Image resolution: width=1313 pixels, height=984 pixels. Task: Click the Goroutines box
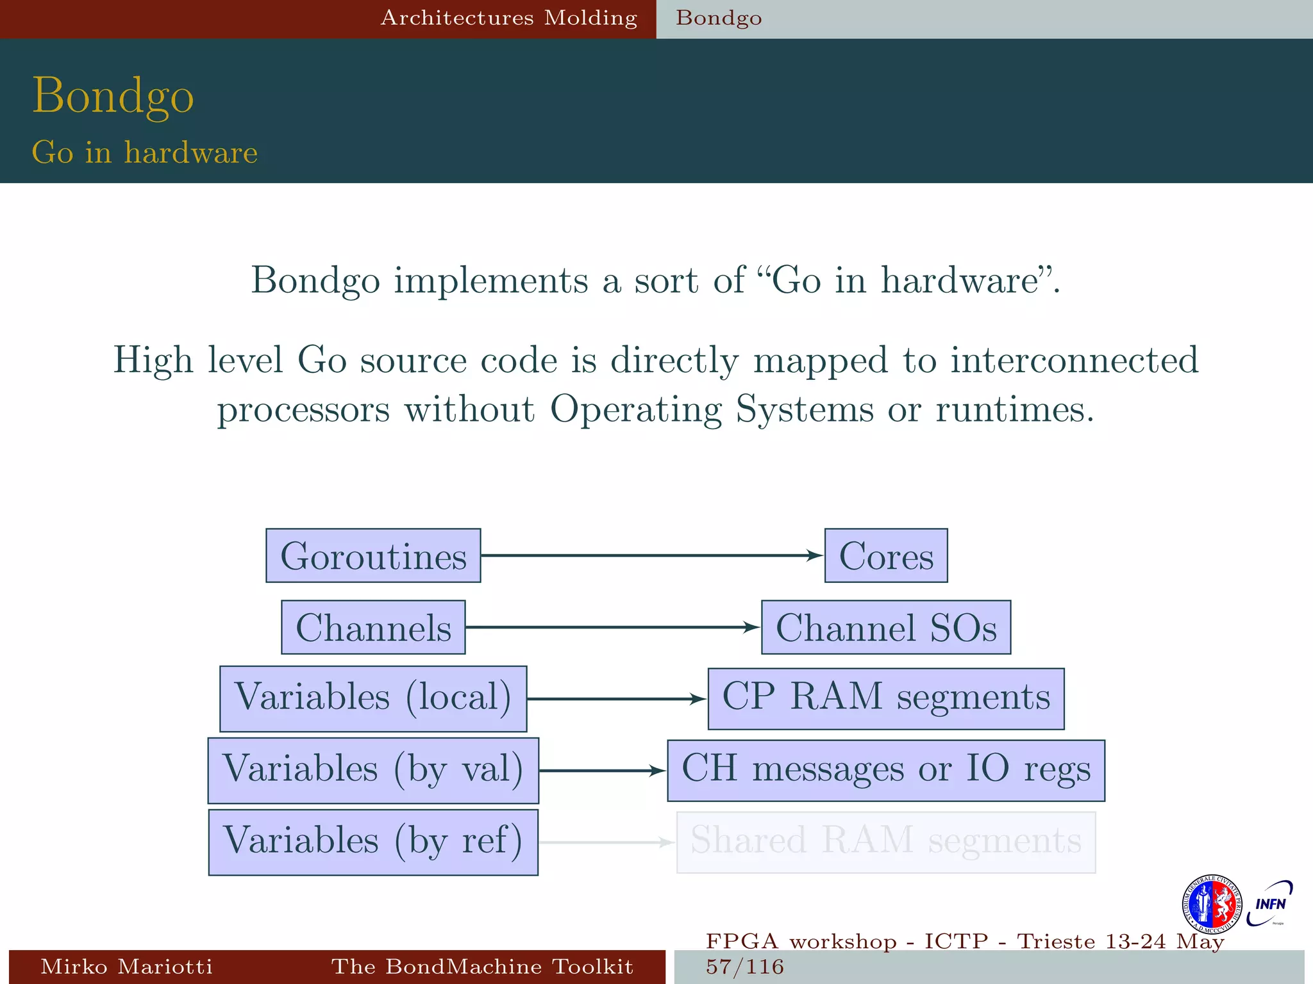click(373, 555)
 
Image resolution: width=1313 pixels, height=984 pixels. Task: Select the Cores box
click(885, 555)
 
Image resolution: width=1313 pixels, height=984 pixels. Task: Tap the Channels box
click(373, 627)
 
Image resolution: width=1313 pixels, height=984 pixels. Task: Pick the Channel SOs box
click(885, 627)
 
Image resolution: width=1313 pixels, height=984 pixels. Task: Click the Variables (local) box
click(373, 698)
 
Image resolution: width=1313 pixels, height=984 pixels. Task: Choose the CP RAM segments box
click(885, 698)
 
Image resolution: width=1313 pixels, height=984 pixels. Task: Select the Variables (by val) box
click(373, 770)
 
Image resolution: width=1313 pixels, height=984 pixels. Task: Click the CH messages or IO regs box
click(885, 770)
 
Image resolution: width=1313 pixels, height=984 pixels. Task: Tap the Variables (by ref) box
click(373, 842)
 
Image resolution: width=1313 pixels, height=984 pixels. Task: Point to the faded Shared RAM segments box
click(885, 842)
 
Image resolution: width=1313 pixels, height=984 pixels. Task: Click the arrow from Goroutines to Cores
click(651, 555)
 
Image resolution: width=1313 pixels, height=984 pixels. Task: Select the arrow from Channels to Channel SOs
click(612, 627)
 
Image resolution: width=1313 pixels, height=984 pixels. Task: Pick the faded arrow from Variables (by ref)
click(606, 842)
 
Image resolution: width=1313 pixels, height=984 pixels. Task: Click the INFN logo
click(1269, 904)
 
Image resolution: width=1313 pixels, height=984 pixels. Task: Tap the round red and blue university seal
click(1211, 904)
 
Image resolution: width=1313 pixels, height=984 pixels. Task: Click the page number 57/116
click(745, 967)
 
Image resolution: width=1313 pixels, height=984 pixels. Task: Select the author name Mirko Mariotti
click(126, 967)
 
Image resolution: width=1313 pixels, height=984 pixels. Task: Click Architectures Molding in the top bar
click(509, 18)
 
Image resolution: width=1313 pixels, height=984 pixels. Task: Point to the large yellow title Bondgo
click(113, 96)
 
